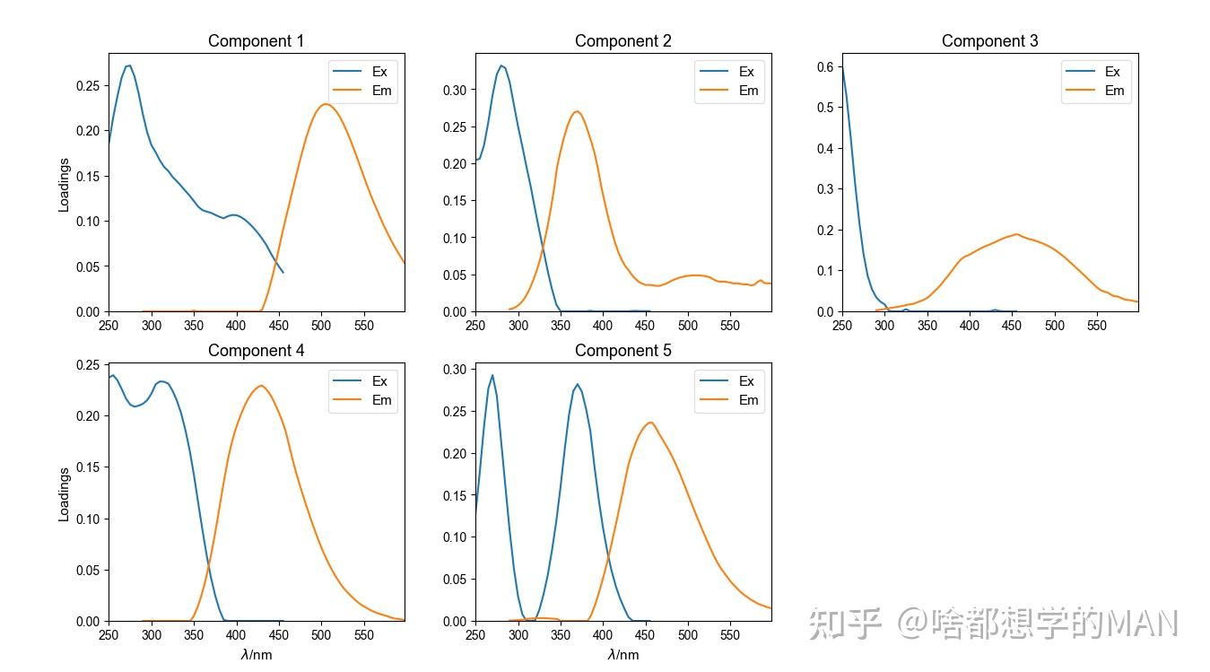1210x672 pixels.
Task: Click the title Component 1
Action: [256, 41]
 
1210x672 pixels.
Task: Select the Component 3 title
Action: [989, 41]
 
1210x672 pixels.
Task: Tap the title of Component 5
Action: [622, 351]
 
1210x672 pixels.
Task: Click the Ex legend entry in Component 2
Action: [746, 72]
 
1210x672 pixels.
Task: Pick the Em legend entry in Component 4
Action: [382, 400]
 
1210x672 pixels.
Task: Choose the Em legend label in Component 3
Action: [1114, 91]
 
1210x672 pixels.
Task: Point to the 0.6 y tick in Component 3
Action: [825, 66]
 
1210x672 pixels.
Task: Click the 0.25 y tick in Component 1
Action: [88, 86]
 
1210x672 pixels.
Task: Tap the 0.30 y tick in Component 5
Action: [455, 369]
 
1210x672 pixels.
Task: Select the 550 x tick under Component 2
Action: [730, 326]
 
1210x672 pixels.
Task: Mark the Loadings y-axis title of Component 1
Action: [65, 185]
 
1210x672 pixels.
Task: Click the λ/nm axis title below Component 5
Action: [622, 654]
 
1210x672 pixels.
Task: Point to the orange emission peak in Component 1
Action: [325, 104]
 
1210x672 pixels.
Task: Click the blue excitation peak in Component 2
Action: [501, 65]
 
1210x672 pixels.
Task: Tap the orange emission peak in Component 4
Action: [261, 386]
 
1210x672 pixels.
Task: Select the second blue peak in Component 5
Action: [577, 384]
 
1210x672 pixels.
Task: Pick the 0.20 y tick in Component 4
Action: [88, 416]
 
